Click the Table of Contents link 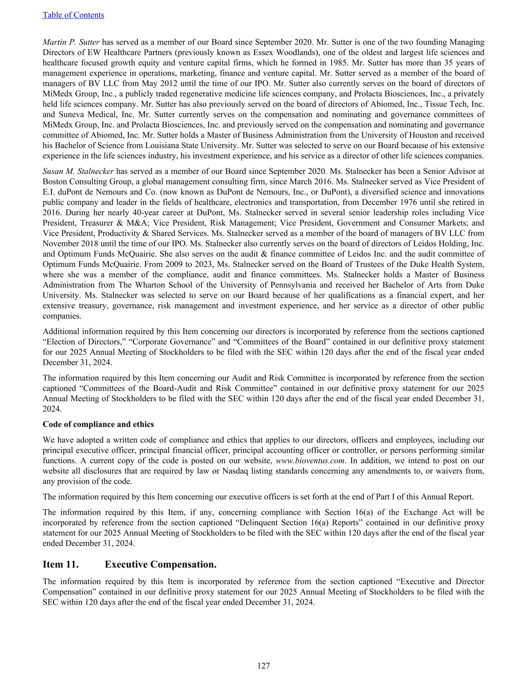[x=73, y=15]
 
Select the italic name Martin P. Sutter [x=71, y=42]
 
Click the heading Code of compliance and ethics [x=98, y=424]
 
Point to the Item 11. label [x=60, y=564]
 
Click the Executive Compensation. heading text [x=161, y=564]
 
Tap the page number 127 [x=263, y=666]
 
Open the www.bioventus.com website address [x=310, y=461]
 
